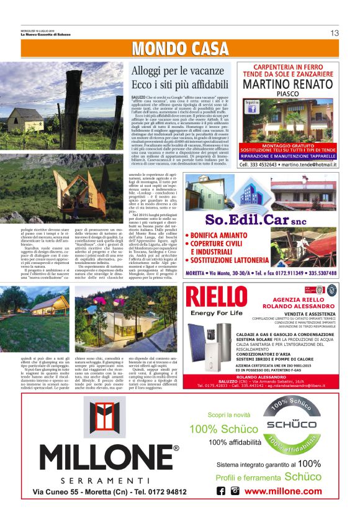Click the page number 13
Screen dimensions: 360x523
(335, 33)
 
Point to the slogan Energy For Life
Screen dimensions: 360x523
(215, 312)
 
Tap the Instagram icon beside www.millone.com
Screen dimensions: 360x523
(235, 491)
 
